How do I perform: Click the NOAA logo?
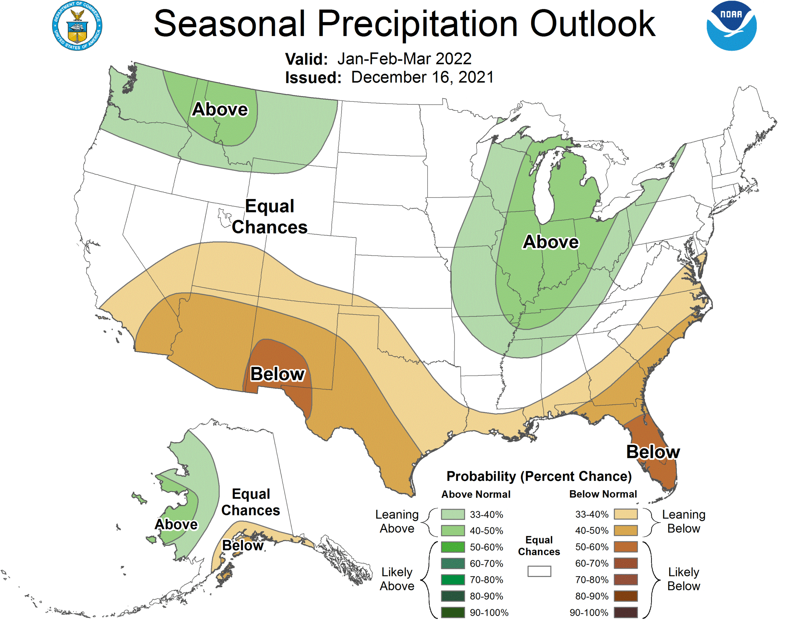point(731,26)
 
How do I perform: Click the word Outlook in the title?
point(593,24)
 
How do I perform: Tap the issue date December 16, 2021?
point(422,77)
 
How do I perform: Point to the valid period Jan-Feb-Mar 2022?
point(404,58)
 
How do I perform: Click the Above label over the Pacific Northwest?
point(220,109)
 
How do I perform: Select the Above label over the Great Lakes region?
point(550,242)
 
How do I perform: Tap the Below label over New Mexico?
point(277,374)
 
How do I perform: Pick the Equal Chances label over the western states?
point(270,216)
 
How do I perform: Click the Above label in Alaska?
point(176,524)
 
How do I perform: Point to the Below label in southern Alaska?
point(243,545)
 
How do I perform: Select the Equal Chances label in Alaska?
point(251,502)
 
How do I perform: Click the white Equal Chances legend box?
point(539,571)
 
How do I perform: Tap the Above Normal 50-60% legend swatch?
point(453,547)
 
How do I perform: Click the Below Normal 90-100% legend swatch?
point(626,612)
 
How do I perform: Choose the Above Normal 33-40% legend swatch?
point(453,514)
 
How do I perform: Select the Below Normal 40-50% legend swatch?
point(626,531)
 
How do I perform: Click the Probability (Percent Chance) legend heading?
point(539,476)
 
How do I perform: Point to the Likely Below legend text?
point(684,579)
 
